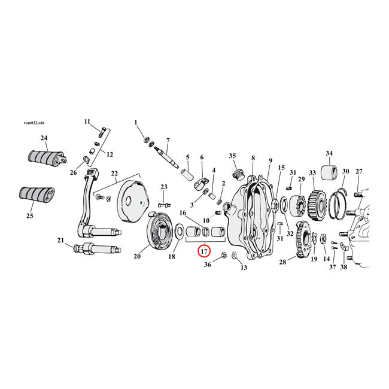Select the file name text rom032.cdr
coord(34,123)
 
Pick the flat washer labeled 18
coord(179,230)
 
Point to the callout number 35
coord(232,156)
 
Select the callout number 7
coord(168,140)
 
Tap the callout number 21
coord(60,241)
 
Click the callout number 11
coord(86,121)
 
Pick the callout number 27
coord(358,172)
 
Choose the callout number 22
coord(114,174)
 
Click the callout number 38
coord(344,268)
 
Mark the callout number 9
coord(270,160)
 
